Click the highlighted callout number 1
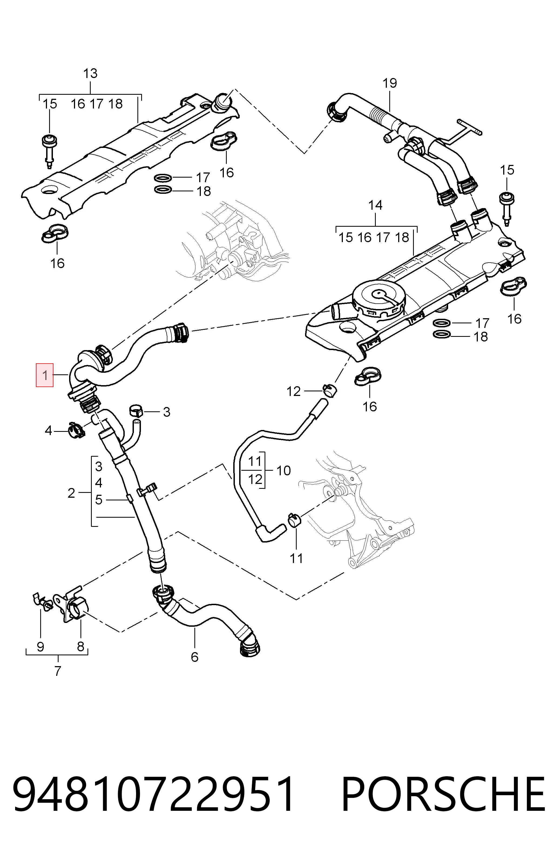coord(45,375)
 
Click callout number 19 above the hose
coord(390,83)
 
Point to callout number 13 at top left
coord(90,73)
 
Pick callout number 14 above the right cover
coord(375,205)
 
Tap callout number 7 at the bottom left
coord(58,671)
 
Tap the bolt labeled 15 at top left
coord(49,151)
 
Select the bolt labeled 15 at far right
coord(506,209)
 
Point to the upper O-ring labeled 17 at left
coord(163,178)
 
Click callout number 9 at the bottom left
coord(40,646)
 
